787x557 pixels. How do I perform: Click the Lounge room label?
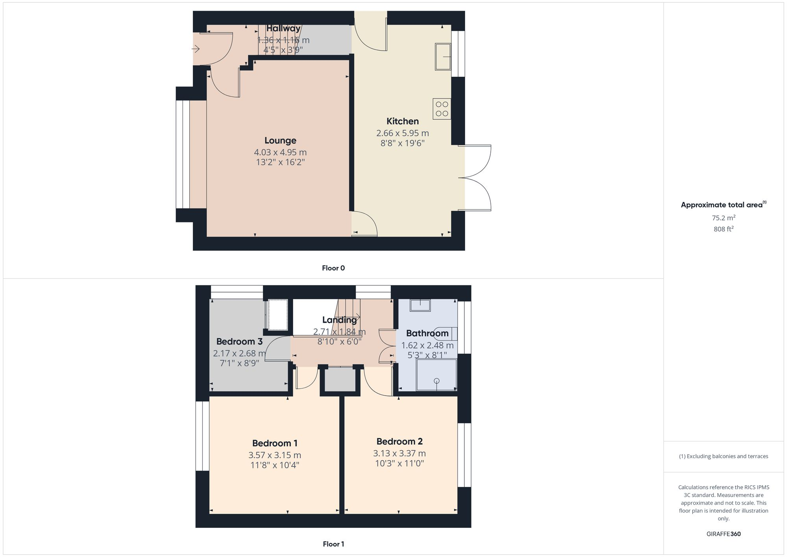pos(280,141)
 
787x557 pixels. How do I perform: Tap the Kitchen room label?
pos(402,121)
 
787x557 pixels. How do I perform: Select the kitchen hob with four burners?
pos(442,109)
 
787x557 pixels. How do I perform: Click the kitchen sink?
pos(443,57)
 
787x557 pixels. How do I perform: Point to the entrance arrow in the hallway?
pos(196,49)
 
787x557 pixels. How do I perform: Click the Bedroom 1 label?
pos(275,443)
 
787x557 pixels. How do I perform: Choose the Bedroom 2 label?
pos(399,441)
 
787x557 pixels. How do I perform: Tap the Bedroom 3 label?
pos(239,341)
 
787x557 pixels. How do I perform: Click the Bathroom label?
pos(427,333)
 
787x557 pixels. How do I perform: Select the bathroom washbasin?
pos(420,305)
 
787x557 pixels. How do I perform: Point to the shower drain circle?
pos(436,381)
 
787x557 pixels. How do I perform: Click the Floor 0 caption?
pos(333,268)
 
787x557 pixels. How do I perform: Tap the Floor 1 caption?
pos(333,544)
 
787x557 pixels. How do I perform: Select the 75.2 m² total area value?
pos(723,218)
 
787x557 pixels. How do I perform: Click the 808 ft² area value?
pos(723,229)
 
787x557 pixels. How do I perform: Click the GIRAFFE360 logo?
pos(723,534)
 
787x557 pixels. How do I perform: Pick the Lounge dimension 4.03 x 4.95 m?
pos(280,152)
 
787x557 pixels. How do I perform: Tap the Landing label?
pos(339,320)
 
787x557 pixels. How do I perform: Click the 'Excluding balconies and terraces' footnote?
pos(723,456)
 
